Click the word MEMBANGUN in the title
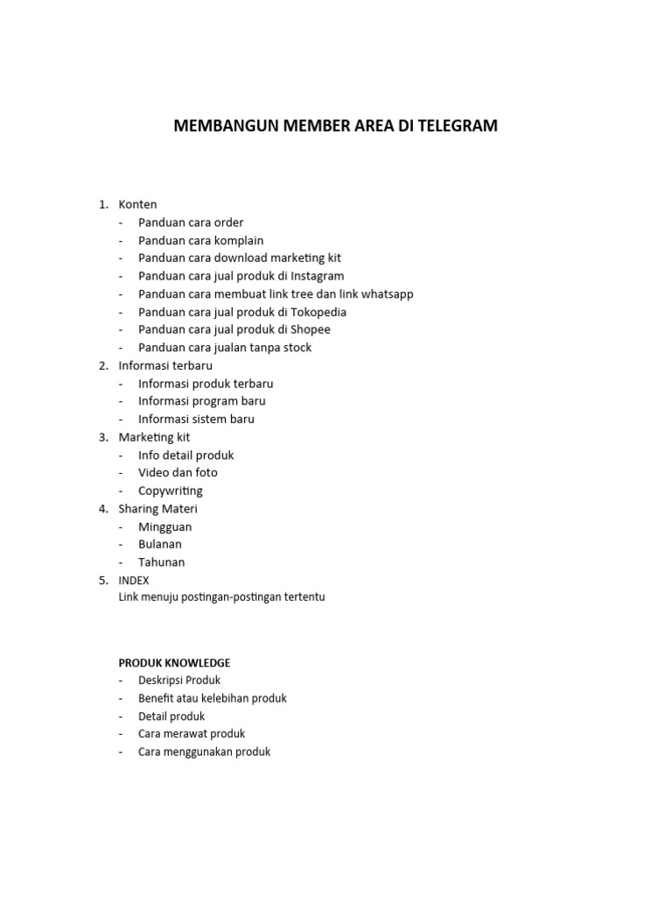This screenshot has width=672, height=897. tap(224, 125)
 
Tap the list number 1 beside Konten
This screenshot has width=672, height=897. tap(102, 204)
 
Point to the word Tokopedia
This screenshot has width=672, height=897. tap(318, 312)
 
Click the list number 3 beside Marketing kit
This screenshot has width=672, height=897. tap(102, 437)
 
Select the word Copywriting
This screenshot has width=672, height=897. tap(170, 491)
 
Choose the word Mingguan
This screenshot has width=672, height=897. tap(164, 526)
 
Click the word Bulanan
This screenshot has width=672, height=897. tap(160, 544)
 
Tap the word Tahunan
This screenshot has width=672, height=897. tap(161, 562)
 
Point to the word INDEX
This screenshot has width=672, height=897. tap(134, 580)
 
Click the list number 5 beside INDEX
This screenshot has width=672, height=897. tap(102, 580)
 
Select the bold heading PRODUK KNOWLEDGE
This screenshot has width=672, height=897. tap(174, 663)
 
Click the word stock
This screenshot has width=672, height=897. tap(295, 348)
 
